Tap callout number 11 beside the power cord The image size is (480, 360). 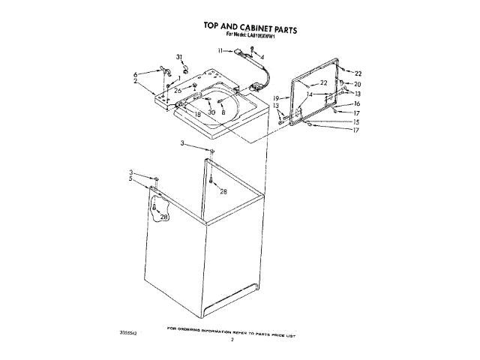tap(220, 51)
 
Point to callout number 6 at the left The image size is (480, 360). tap(135, 74)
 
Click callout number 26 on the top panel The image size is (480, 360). tap(178, 90)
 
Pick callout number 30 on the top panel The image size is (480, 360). tap(211, 112)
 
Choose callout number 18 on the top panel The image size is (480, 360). tap(197, 113)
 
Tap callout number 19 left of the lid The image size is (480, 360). tap(276, 98)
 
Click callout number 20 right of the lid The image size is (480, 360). tap(358, 84)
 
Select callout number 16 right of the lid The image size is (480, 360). tap(357, 104)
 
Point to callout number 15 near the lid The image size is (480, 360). tap(356, 121)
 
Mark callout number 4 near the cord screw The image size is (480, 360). tap(262, 57)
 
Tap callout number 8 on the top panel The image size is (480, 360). tap(223, 111)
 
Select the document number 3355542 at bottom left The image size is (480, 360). tap(129, 331)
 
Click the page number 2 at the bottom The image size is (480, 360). tap(232, 339)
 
